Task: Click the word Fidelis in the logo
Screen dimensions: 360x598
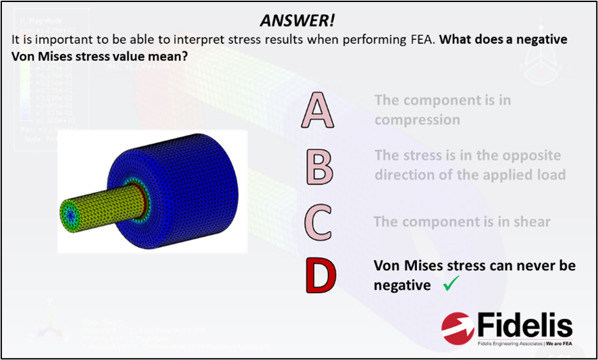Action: point(524,326)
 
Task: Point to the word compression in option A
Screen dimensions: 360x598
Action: point(417,120)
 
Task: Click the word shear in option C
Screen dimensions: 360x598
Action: point(531,222)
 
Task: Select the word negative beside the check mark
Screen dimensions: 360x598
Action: point(402,286)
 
